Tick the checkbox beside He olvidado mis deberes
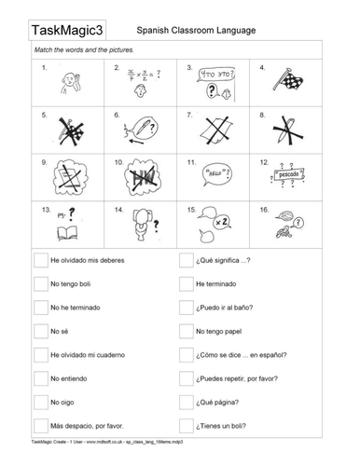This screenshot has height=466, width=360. pos(40,260)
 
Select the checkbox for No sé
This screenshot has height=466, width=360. pos(40,331)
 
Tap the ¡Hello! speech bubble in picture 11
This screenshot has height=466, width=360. pos(215,173)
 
